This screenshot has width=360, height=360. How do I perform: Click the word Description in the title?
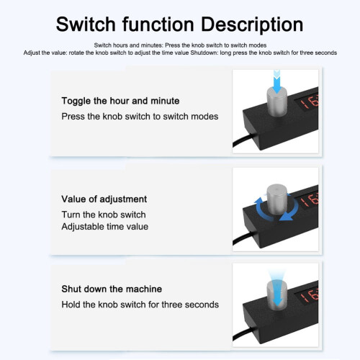tap(252, 24)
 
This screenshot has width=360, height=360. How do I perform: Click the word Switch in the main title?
tap(86, 24)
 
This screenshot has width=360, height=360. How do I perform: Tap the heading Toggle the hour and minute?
tap(120, 101)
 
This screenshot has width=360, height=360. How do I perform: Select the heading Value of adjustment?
tap(104, 199)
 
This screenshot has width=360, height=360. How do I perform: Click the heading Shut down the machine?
tap(112, 289)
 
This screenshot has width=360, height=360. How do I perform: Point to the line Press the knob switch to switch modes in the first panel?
tap(140, 117)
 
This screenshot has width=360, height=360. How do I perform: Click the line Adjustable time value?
tap(105, 227)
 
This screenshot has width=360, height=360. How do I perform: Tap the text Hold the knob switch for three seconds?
tap(140, 305)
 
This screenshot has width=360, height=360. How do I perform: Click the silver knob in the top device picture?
tap(277, 102)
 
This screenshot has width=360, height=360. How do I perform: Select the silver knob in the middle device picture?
tap(276, 199)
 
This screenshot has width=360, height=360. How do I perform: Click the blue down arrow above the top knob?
tap(277, 81)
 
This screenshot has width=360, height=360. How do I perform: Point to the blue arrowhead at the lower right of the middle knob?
tap(287, 217)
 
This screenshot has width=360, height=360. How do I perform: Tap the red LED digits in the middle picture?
tap(310, 201)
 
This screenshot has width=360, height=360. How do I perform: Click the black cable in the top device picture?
tap(243, 140)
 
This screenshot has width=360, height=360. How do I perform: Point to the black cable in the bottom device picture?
tap(243, 333)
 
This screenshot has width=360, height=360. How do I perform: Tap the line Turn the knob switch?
tap(104, 215)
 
